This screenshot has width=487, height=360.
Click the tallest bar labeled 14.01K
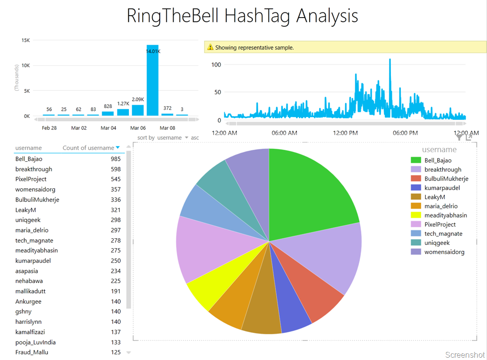(152, 81)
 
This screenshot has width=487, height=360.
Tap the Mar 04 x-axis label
(108, 128)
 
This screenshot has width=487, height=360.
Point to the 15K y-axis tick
(26, 40)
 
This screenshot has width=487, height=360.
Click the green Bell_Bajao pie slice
(309, 190)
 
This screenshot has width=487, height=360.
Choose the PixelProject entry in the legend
(440, 224)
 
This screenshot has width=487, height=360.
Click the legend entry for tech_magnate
(443, 234)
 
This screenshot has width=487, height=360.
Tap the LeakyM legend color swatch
(416, 197)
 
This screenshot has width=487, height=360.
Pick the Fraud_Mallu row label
(31, 352)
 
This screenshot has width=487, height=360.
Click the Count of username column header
(88, 148)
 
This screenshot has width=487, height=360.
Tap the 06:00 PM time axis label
(405, 133)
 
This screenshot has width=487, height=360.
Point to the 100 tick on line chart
(216, 65)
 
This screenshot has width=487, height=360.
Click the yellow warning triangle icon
(210, 48)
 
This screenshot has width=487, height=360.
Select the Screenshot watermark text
(465, 355)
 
